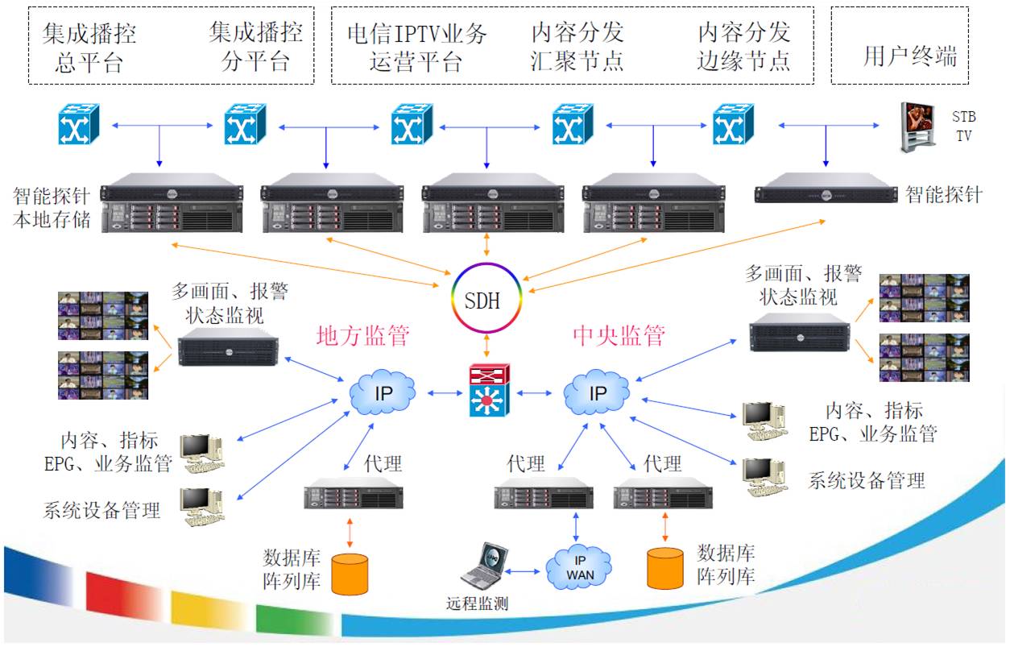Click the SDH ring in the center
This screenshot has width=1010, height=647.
(x=483, y=301)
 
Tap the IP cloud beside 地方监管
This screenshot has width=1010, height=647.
(x=383, y=393)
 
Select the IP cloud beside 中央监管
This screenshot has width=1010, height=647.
(x=597, y=393)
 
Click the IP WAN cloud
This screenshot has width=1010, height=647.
(x=579, y=567)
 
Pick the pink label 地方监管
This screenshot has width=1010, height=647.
(x=363, y=335)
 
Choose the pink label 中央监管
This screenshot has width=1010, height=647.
(x=619, y=335)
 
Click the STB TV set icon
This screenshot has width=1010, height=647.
(x=918, y=126)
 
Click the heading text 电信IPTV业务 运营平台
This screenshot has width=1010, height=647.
(x=416, y=47)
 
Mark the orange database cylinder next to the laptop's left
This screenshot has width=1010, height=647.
(x=350, y=571)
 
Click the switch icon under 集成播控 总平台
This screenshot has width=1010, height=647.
(x=78, y=124)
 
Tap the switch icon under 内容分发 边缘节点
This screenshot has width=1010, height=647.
(x=733, y=124)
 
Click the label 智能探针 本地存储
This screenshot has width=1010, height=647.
(x=52, y=207)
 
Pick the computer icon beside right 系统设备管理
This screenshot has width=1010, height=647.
(x=764, y=477)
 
